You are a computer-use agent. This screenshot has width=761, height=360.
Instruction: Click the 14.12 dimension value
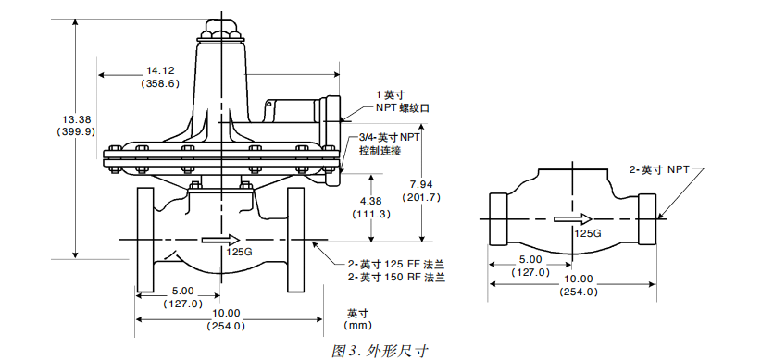160,70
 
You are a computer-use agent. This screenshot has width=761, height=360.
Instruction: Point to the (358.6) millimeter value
160,83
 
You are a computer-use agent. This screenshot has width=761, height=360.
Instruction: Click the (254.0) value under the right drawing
579,292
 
